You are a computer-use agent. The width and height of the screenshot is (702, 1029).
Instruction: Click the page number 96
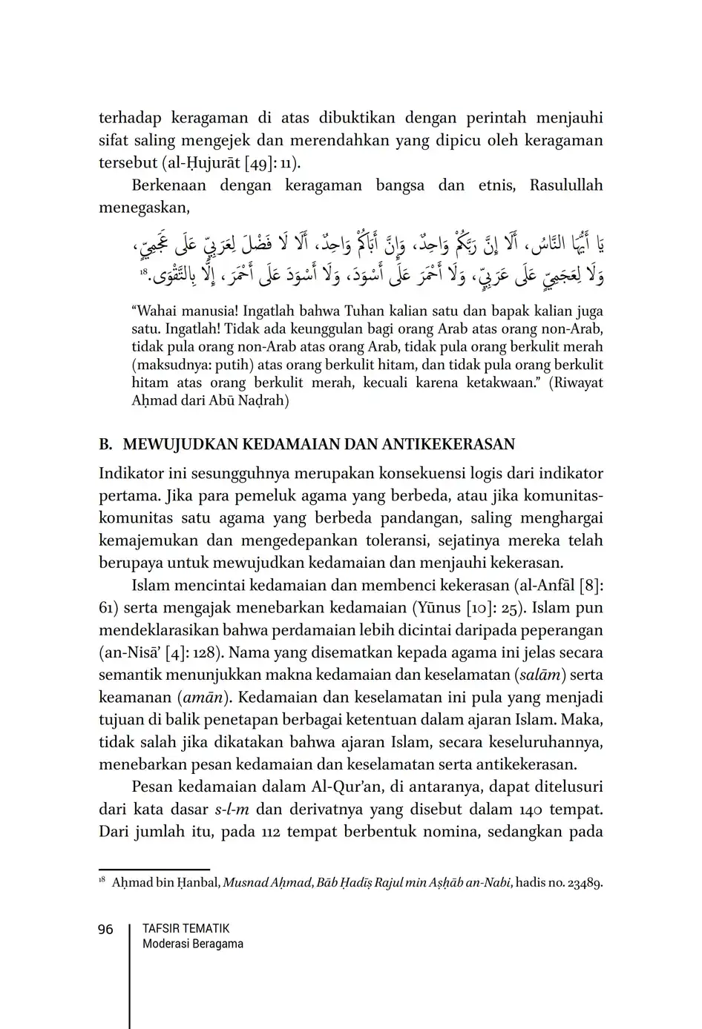105,930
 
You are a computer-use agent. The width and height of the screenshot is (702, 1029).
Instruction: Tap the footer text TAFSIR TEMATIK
186,929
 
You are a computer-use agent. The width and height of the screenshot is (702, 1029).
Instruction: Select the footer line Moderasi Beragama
192,944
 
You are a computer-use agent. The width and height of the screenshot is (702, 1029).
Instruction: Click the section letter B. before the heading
105,445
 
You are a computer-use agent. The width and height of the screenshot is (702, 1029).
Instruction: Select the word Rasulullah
566,185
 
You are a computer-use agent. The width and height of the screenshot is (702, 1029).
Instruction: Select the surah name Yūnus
436,608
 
